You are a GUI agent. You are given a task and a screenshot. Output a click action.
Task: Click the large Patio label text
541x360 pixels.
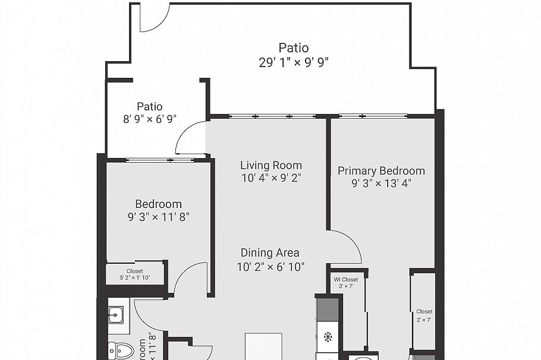294,48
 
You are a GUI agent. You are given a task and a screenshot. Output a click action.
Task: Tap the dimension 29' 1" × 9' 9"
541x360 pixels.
294,61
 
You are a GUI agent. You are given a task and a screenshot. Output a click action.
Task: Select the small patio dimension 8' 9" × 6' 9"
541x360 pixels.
150,119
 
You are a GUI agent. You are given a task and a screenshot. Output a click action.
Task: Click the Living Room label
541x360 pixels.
271,165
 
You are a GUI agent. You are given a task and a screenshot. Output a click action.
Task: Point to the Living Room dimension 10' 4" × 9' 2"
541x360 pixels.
271,178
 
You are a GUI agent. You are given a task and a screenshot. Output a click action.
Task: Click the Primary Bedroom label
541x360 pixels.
381,171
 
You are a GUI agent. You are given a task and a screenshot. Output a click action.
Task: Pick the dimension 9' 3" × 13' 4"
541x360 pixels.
381,184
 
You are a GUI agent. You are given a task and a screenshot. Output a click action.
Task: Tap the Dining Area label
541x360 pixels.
270,253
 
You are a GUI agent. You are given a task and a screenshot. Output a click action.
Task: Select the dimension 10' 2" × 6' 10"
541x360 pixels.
270,267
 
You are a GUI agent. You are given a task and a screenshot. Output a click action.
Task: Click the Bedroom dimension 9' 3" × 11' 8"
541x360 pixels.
158,217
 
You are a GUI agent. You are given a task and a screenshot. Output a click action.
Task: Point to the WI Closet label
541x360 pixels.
345,279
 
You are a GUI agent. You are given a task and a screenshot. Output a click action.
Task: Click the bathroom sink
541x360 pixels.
116,314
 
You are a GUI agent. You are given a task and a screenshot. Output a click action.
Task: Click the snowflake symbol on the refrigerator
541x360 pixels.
327,337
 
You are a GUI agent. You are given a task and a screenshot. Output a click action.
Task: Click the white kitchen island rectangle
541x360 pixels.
263,346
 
